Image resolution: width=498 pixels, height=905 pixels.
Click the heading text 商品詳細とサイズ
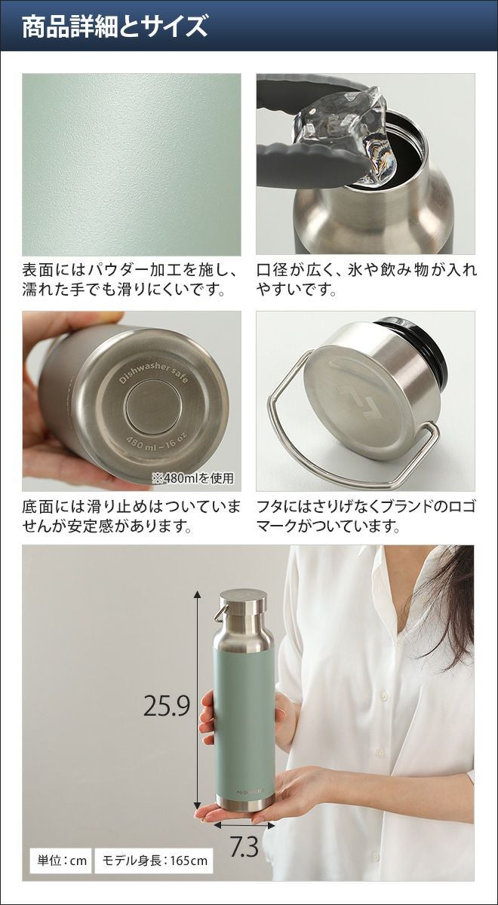tap(115, 26)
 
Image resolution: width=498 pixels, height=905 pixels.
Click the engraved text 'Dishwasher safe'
tap(153, 373)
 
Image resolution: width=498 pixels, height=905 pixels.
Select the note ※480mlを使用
tap(192, 479)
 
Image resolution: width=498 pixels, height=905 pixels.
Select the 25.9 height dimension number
tap(167, 682)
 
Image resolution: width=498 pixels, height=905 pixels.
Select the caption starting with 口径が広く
tap(366, 280)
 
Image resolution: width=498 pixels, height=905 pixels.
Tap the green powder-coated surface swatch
tap(131, 164)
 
